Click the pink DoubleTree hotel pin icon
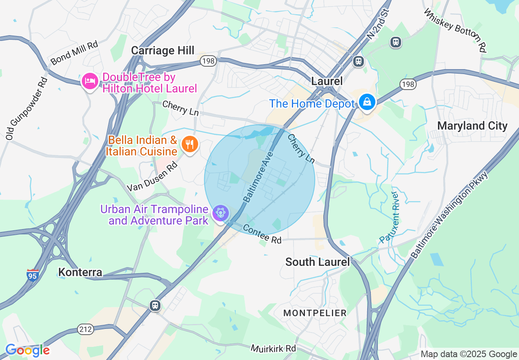pos(89,81)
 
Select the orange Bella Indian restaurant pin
pos(190,144)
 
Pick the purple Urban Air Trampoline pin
pos(221,213)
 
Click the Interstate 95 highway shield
pos(33,275)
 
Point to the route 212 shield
pos(86,328)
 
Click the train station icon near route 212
pos(155,306)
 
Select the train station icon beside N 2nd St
pos(359,61)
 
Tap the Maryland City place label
pos(472,126)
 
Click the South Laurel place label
pos(318,262)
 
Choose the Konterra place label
pos(80,272)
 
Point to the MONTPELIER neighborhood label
pos(315,313)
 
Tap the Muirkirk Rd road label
pos(273,349)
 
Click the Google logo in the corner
pos(27,350)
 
